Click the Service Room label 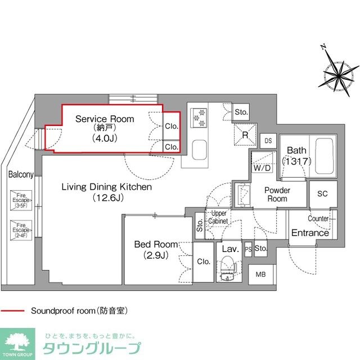click(x=105, y=119)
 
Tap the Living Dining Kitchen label click(x=106, y=187)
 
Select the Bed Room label click(x=156, y=245)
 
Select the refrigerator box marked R click(x=245, y=134)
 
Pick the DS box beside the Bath click(x=268, y=141)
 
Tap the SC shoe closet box click(x=322, y=193)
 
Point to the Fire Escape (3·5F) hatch click(x=20, y=201)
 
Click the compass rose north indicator click(x=336, y=71)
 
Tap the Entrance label click(x=310, y=233)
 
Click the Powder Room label click(x=277, y=195)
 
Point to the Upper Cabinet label click(x=218, y=217)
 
